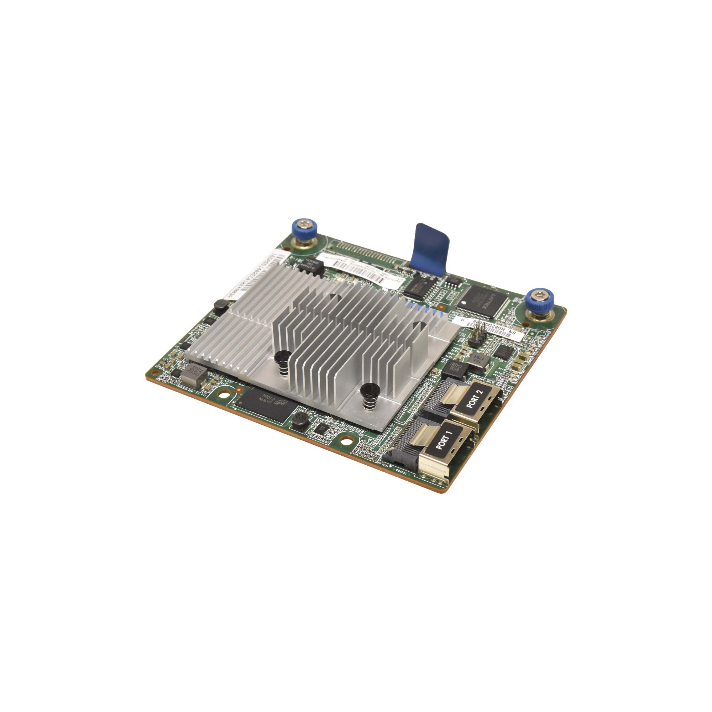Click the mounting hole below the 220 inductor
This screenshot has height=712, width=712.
pos(345,441)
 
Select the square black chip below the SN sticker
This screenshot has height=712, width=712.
pos(505,352)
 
